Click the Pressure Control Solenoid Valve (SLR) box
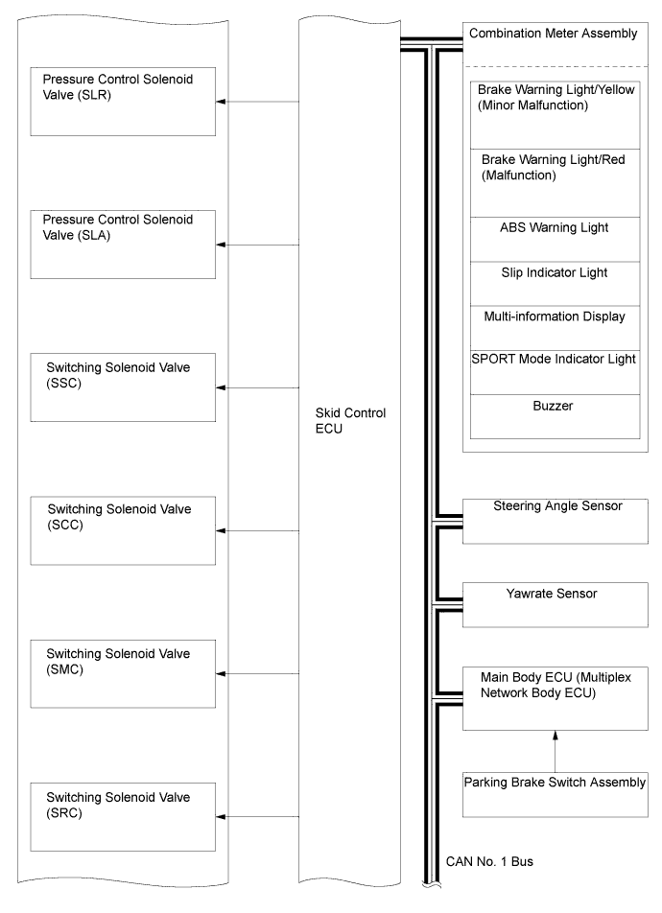[x=123, y=102]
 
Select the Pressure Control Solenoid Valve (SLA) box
[x=123, y=245]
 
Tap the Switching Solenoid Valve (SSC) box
[x=123, y=387]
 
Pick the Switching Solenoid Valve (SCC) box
[x=123, y=530]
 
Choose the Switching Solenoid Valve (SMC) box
[x=123, y=673]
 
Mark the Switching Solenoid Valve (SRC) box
[x=123, y=817]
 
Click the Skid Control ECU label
[x=350, y=420]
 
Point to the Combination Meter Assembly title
[x=553, y=34]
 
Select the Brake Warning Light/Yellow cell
[x=555, y=115]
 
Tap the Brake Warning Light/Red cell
[x=555, y=183]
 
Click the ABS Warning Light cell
[x=555, y=240]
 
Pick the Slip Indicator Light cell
[x=555, y=284]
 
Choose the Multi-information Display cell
[x=555, y=328]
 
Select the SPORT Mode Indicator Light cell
[x=555, y=373]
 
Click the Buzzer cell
[x=555, y=417]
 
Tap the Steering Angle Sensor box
[x=556, y=521]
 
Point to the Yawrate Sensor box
[x=556, y=605]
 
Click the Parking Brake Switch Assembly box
[x=556, y=795]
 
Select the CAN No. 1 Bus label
[x=489, y=862]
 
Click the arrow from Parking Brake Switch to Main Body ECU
[x=556, y=751]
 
